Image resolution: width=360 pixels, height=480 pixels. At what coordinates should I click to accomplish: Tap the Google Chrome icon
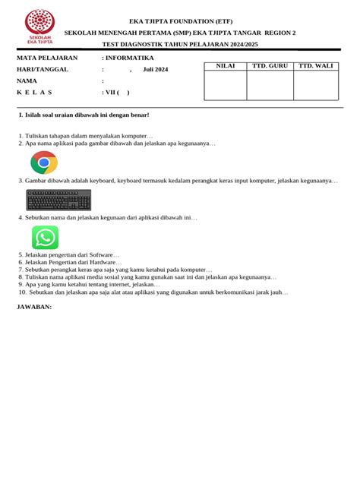coord(44,163)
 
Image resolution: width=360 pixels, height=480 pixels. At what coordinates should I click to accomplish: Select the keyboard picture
coord(58,200)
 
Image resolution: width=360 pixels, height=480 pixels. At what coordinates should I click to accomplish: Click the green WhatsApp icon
coord(46,238)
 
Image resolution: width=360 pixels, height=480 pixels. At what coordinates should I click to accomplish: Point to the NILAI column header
coord(226,67)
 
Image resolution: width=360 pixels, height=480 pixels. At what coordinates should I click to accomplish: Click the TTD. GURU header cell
coord(270,67)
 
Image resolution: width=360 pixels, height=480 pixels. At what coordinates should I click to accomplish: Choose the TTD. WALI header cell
coord(316,67)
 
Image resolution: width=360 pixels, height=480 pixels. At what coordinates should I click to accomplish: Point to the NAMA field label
coord(27,80)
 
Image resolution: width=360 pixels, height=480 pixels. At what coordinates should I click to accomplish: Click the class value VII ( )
coord(117,92)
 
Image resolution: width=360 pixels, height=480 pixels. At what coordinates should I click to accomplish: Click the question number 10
coord(22,292)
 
